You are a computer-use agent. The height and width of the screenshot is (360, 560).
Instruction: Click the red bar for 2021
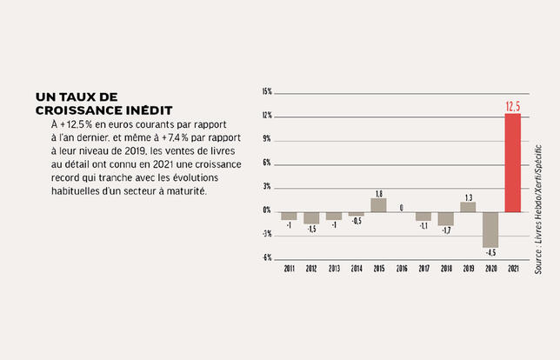tap(513, 163)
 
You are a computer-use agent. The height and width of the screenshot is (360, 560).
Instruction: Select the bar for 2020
tap(490, 229)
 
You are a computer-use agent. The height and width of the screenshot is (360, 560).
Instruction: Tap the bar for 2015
tap(378, 204)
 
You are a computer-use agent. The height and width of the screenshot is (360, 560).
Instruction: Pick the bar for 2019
tap(468, 206)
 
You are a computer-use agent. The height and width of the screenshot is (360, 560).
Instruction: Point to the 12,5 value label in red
tap(513, 107)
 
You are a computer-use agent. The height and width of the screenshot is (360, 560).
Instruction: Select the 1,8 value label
tap(378, 193)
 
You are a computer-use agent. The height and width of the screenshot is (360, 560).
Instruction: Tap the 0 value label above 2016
tap(401, 206)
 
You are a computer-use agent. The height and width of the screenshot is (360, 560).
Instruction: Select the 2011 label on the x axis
tap(289, 269)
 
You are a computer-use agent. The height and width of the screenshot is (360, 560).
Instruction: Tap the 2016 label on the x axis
tap(401, 269)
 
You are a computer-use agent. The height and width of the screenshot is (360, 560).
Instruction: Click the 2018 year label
tap(445, 269)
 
